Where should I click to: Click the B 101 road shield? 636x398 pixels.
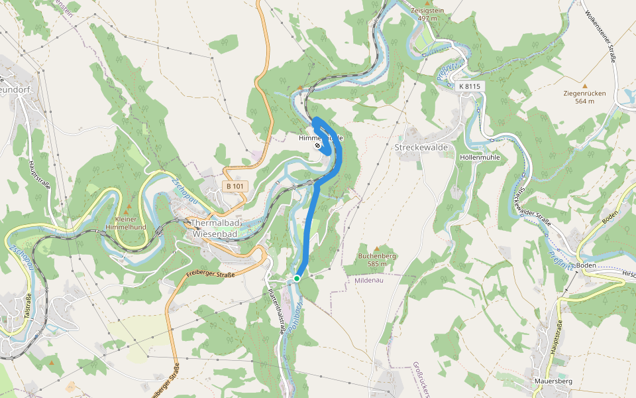click(x=234, y=186)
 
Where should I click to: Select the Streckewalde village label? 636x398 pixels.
click(x=421, y=147)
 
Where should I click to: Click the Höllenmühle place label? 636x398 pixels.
click(x=479, y=157)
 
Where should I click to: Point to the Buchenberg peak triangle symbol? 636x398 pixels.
click(x=377, y=248)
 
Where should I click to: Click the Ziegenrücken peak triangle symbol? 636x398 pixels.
click(x=584, y=86)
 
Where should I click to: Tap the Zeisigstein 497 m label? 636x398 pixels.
click(x=427, y=15)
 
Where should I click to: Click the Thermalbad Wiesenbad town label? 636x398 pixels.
click(x=215, y=228)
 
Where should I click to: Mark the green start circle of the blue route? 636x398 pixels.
click(x=297, y=279)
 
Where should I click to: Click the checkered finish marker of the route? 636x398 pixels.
click(x=318, y=145)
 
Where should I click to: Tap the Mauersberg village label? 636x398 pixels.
click(x=553, y=381)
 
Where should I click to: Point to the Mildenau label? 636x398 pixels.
click(x=369, y=281)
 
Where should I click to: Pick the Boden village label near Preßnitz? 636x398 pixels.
click(x=586, y=265)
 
